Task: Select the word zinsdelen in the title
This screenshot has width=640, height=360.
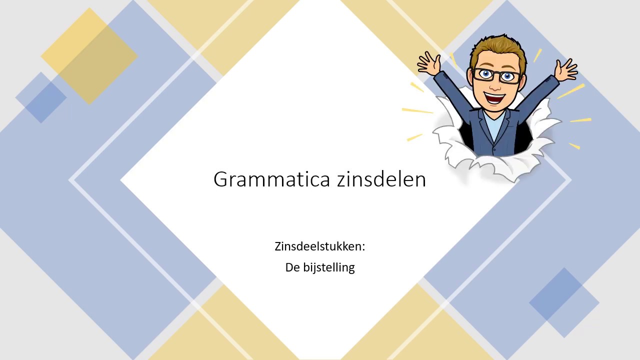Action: click(x=381, y=179)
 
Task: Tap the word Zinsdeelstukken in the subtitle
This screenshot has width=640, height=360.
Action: click(x=318, y=246)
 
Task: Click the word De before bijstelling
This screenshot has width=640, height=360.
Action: click(x=292, y=267)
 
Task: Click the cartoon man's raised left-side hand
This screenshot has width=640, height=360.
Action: click(x=428, y=64)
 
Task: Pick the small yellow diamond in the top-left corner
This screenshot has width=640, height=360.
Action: click(x=89, y=56)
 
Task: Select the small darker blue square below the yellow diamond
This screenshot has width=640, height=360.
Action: click(x=41, y=97)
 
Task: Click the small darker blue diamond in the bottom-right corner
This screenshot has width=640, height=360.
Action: click(x=564, y=302)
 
